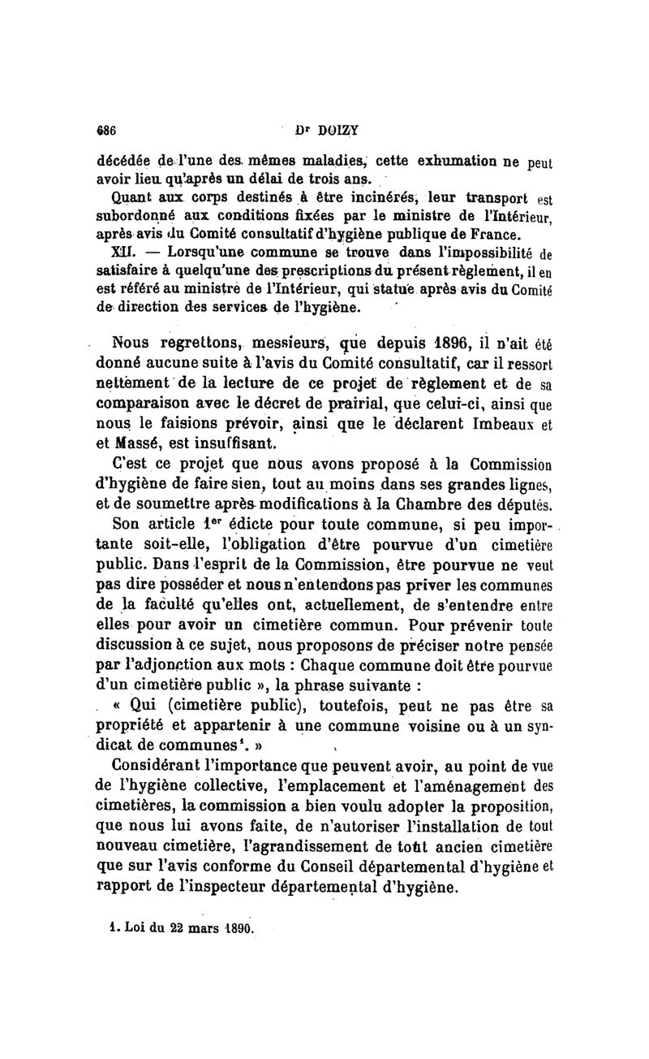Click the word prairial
pyautogui.click(x=346, y=404)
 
